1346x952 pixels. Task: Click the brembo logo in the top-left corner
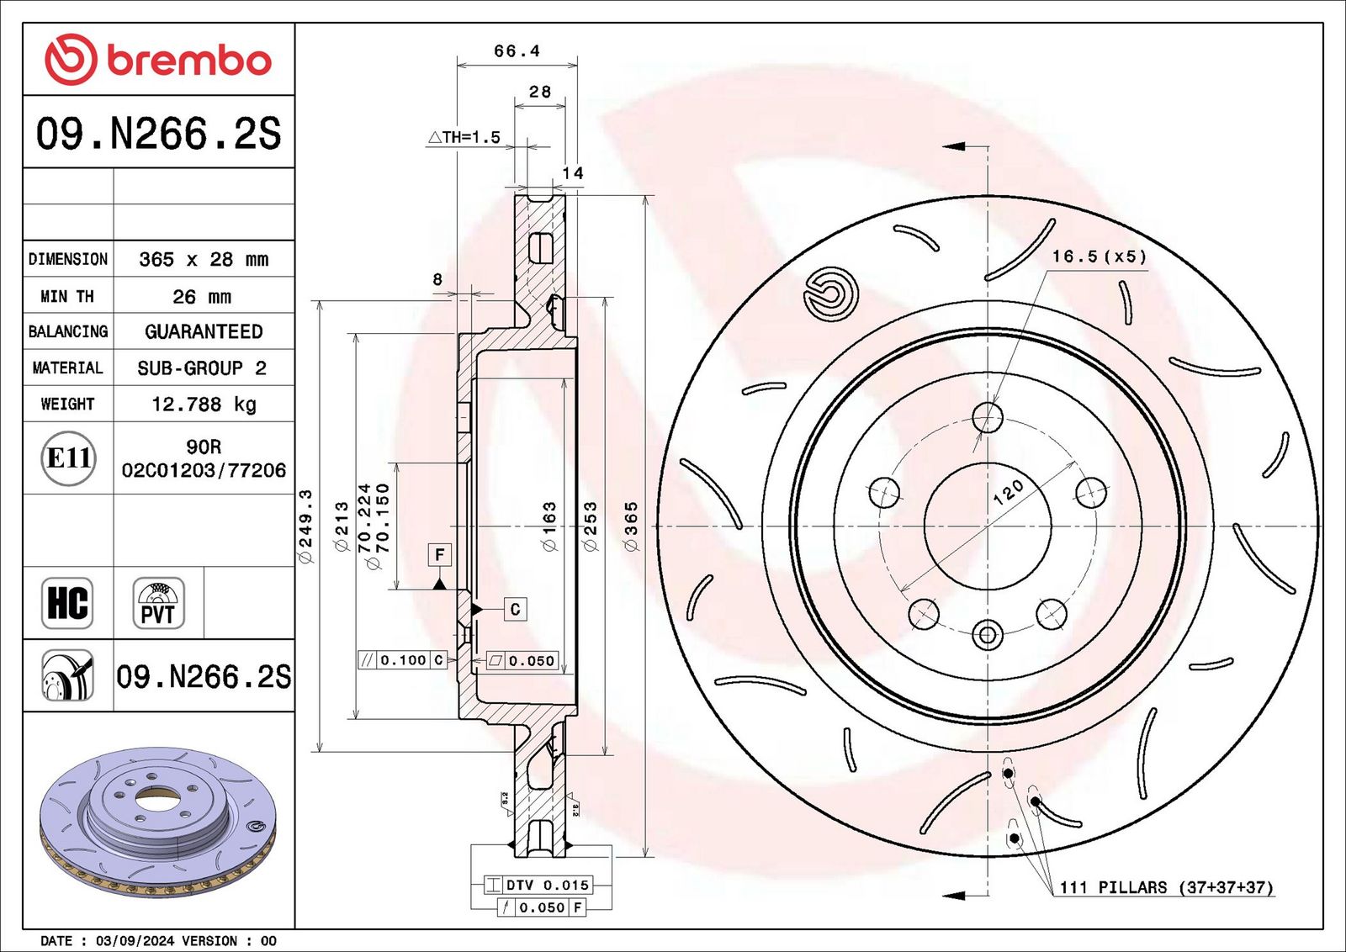click(x=157, y=59)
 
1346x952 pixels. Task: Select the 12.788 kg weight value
click(x=204, y=405)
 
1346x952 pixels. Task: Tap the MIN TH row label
click(x=67, y=296)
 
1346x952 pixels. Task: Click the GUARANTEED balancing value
click(x=204, y=331)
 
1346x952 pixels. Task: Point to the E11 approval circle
click(x=68, y=458)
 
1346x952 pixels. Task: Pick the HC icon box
click(x=67, y=603)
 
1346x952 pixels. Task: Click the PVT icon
click(x=158, y=603)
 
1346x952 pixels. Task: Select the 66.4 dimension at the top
click(x=517, y=51)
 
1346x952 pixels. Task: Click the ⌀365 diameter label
click(x=631, y=526)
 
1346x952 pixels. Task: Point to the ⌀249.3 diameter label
click(x=306, y=526)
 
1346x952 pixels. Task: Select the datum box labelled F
click(x=439, y=554)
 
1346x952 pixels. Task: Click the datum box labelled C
click(x=515, y=610)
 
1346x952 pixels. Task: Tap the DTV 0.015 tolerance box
click(x=538, y=885)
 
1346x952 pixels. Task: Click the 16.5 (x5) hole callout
click(x=1099, y=257)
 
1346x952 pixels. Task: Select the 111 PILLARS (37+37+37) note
click(x=1166, y=887)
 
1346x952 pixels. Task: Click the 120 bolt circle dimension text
click(x=1008, y=492)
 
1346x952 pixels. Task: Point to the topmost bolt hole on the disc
click(x=988, y=418)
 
